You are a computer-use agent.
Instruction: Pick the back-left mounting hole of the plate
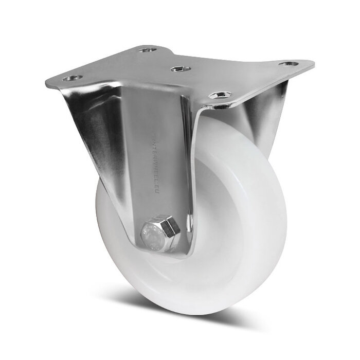[146, 50]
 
